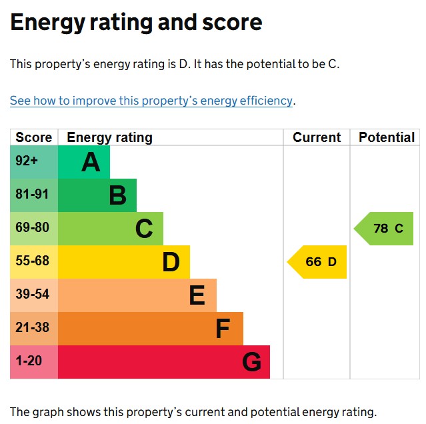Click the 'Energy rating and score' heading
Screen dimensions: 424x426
tap(136, 23)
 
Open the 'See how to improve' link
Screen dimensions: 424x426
tap(151, 101)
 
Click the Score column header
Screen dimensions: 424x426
tap(33, 137)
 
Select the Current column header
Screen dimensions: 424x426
tap(317, 137)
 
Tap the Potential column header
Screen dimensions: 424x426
tap(387, 137)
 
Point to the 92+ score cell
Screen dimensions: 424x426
tap(27, 161)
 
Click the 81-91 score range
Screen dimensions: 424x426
tap(32, 195)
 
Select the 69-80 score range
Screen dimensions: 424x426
tap(32, 228)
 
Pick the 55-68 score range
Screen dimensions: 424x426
tap(32, 261)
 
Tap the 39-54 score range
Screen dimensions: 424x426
tap(32, 295)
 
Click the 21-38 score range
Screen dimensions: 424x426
tap(32, 328)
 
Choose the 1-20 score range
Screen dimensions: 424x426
tap(29, 361)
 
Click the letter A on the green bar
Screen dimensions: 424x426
tap(91, 162)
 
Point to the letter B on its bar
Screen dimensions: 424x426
tap(118, 195)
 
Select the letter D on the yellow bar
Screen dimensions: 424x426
tap(171, 262)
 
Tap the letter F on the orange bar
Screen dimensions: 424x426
tap(223, 329)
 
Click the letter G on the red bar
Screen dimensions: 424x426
tap(251, 362)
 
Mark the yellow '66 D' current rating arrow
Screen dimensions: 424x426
tap(319, 262)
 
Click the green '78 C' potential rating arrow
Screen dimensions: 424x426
tap(385, 229)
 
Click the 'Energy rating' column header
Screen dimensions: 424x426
tap(110, 137)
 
